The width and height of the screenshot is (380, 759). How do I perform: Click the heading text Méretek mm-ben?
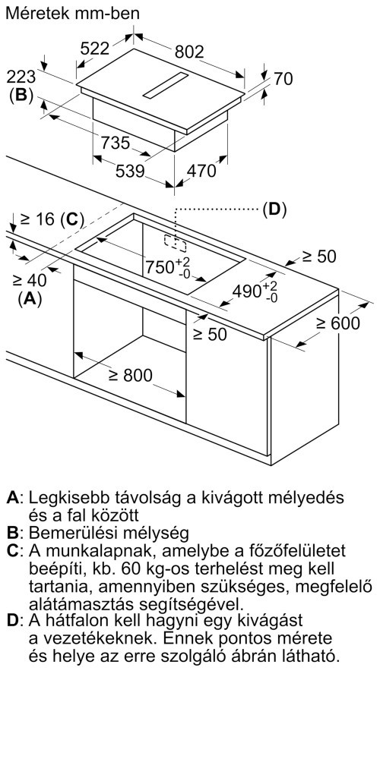coord(72,14)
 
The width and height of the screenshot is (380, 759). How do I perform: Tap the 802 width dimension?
coord(189,52)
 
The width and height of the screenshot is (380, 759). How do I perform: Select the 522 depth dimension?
coord(96,49)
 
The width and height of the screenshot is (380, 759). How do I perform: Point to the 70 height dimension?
coord(283,78)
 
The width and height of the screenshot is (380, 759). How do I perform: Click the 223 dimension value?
coord(22,77)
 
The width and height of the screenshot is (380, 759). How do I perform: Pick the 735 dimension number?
coord(116,143)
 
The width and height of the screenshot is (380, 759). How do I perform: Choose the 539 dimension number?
coord(131,171)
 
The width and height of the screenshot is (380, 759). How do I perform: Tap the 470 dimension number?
coord(201,171)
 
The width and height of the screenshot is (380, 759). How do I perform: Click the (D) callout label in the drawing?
coord(274,209)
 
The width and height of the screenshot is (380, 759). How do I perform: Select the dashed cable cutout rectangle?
coord(175,244)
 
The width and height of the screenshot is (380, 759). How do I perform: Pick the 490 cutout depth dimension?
coord(255,291)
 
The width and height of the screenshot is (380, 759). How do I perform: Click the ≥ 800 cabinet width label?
coord(130,375)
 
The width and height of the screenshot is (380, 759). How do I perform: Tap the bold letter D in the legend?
coord(12,620)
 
